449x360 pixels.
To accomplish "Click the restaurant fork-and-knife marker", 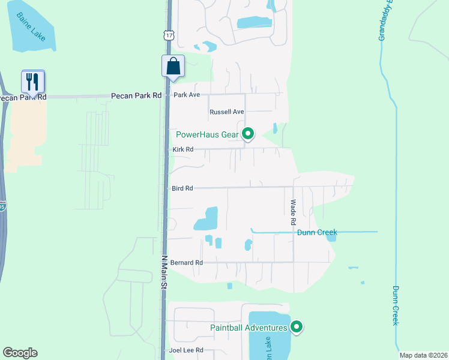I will pos(33,81).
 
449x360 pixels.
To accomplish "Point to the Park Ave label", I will pos(186,95).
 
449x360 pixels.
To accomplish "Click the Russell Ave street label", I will pos(227,112).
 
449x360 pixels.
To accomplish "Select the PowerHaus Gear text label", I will pos(207,134).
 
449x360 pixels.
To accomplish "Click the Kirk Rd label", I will pos(182,149).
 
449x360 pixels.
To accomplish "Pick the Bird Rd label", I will pos(182,188).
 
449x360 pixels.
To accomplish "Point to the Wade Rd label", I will pos(294,212).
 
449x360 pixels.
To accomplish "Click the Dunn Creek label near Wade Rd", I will pos(317,232).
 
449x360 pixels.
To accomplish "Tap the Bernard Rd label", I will pos(187,263).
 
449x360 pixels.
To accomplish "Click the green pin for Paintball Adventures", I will pos(296,327).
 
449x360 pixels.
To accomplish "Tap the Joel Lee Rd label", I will pos(187,350).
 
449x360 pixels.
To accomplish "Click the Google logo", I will pos(20,353).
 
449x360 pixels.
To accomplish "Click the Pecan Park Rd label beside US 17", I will pos(136,96).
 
